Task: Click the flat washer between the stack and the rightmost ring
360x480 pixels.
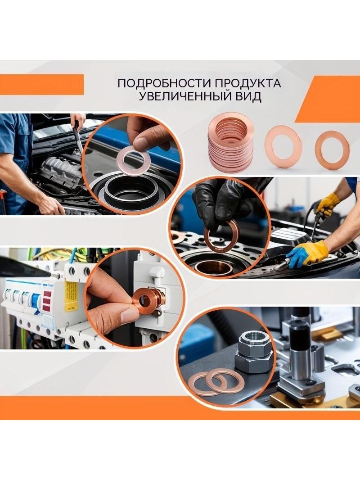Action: coord(283,146)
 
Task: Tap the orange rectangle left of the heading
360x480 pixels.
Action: coord(42,85)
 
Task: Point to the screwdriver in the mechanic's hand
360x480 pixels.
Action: coord(78,136)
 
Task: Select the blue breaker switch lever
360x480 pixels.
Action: coord(36,303)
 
